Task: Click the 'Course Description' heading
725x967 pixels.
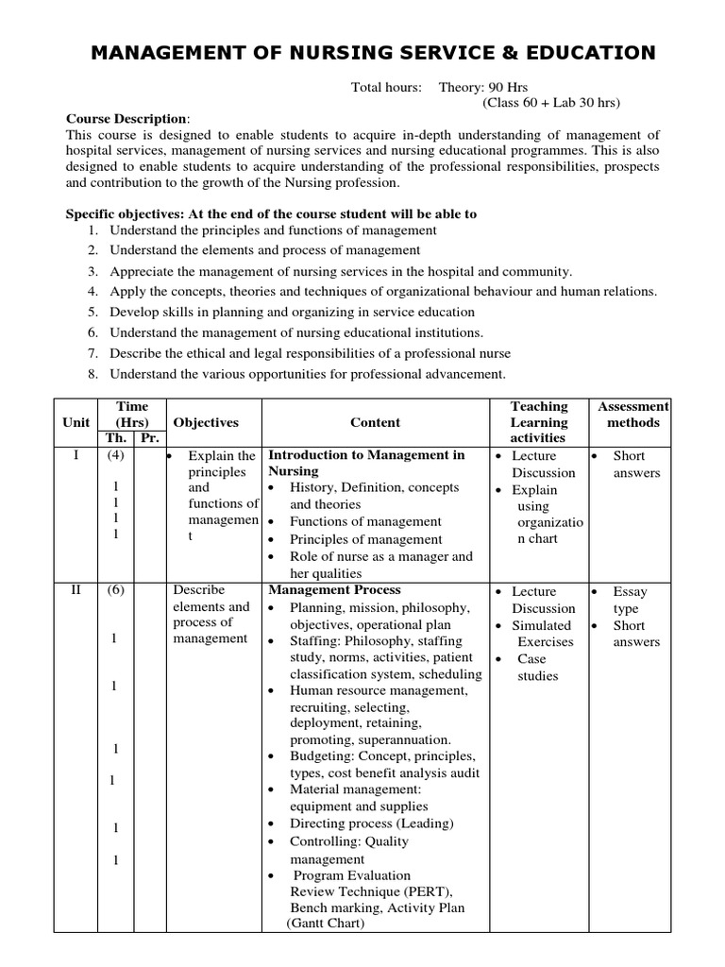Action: coord(126,119)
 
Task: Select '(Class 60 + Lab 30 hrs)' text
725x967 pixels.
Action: coord(551,102)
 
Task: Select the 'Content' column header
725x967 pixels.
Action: coord(375,423)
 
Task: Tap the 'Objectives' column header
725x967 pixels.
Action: coord(205,423)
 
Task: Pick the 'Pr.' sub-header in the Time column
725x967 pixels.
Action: coord(148,439)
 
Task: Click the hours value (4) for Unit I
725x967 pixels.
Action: coord(114,455)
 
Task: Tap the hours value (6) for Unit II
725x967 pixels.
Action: coord(114,591)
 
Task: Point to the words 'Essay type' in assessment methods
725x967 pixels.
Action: coord(630,601)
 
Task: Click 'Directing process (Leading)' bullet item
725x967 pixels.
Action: coord(371,823)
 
